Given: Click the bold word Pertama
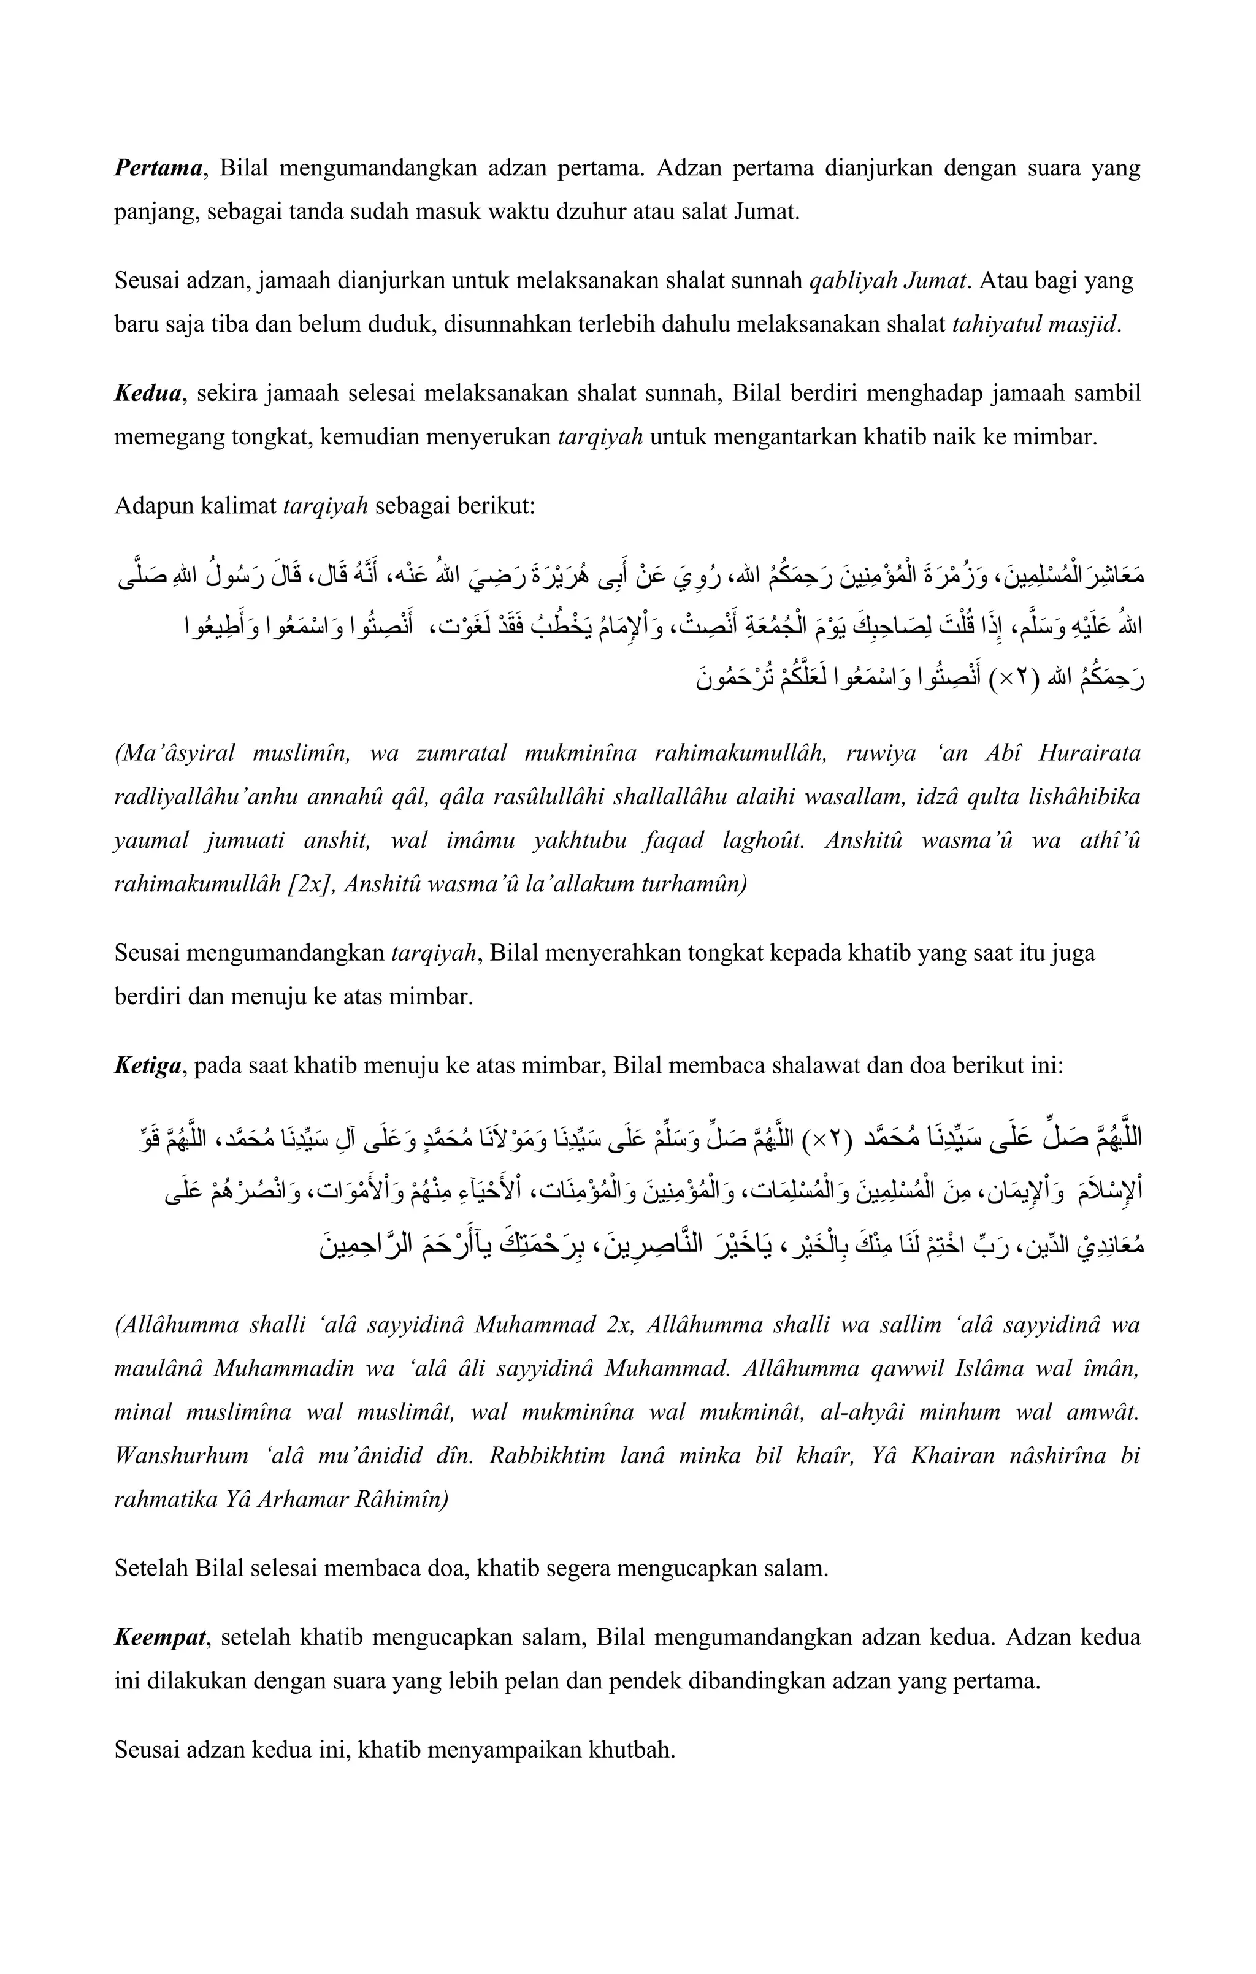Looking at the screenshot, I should (x=158, y=169).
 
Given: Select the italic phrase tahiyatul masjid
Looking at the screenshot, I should (x=1035, y=325).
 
